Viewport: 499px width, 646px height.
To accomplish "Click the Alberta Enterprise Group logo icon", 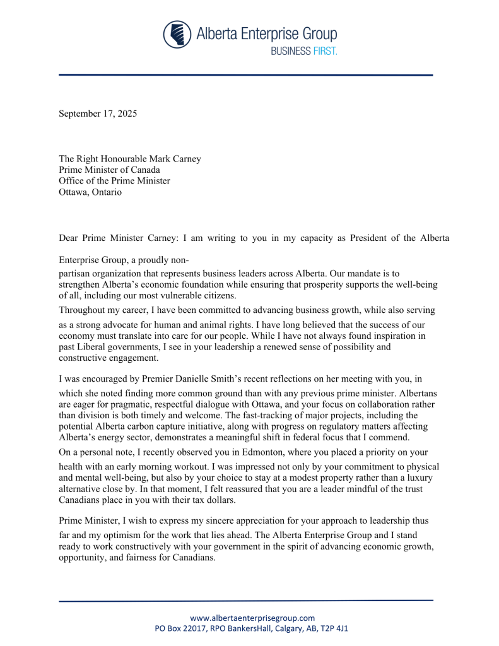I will pos(177,34).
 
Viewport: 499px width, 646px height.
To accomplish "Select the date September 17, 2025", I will pos(98,114).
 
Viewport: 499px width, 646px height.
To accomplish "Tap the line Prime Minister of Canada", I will pos(109,170).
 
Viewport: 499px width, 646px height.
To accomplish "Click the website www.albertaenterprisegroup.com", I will pos(252,618).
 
